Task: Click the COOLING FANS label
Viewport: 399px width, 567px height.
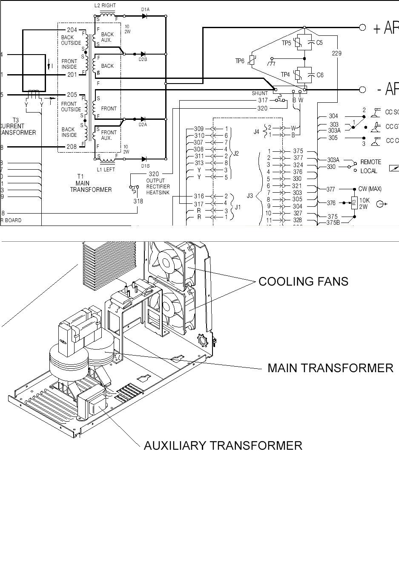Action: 303,281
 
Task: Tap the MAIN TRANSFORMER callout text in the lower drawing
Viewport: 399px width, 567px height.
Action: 330,368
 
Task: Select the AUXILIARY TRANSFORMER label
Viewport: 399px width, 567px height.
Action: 223,445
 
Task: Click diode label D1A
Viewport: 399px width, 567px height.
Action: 145,9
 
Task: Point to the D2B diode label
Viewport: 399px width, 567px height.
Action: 143,60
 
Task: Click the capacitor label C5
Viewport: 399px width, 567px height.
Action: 319,43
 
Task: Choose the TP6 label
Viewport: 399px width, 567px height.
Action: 240,61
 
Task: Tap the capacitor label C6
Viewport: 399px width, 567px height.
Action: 320,75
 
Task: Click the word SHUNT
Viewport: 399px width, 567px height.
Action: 260,93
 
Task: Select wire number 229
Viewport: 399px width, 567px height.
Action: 337,53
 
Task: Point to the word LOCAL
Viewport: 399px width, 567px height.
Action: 369,171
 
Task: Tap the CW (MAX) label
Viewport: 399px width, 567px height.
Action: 370,189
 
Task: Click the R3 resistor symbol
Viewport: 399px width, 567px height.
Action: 354,203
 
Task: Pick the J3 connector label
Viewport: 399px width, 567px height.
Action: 250,196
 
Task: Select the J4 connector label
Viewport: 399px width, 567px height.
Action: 256,132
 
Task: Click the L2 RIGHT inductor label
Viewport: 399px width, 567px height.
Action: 105,6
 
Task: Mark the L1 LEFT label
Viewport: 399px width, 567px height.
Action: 106,170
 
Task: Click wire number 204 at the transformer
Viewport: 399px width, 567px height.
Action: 72,30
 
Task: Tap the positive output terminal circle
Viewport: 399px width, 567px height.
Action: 362,28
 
